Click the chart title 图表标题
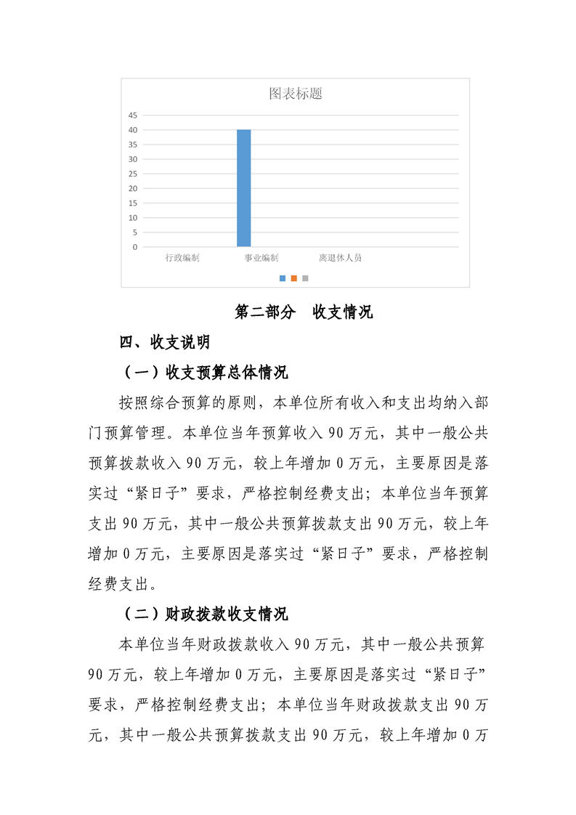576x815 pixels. [x=295, y=94]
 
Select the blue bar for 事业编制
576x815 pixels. [x=244, y=188]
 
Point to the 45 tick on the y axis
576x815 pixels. [x=133, y=115]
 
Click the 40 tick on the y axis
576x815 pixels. [x=133, y=130]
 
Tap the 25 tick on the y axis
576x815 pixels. [x=133, y=174]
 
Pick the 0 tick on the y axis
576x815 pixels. [x=135, y=247]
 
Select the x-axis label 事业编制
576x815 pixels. [x=261, y=258]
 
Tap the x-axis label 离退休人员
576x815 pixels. [x=339, y=258]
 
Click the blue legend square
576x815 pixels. [x=283, y=277]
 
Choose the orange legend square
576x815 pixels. [x=294, y=277]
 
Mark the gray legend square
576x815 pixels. [x=305, y=277]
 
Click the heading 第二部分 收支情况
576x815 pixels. [x=304, y=312]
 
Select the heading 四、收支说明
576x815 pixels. [x=165, y=341]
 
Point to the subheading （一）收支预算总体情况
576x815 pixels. [x=206, y=373]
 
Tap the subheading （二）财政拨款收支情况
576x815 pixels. [x=206, y=614]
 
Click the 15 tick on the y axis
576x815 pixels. [x=133, y=203]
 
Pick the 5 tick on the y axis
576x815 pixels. [x=135, y=232]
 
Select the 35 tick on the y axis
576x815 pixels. [x=133, y=145]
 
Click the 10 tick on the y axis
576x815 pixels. [x=133, y=218]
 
